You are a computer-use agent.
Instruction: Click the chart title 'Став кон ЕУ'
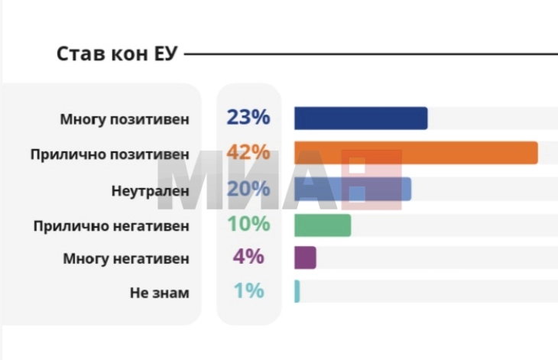(x=118, y=54)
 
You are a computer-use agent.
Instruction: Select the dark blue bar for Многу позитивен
(x=360, y=118)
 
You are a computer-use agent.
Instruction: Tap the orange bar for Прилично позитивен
(x=415, y=153)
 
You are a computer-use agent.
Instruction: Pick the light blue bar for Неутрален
(x=352, y=189)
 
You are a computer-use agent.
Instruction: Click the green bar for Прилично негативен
(x=322, y=225)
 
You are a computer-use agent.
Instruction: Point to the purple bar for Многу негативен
(x=304, y=258)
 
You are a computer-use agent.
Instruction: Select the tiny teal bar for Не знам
(x=297, y=291)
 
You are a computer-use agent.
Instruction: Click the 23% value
(x=248, y=118)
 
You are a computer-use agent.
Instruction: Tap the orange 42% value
(x=248, y=152)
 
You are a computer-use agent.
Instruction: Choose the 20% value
(x=248, y=188)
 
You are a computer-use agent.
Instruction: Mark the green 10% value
(x=248, y=224)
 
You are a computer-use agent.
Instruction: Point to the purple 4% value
(x=248, y=257)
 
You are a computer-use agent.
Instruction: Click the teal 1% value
(x=248, y=291)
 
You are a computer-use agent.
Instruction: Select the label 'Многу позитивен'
(x=124, y=120)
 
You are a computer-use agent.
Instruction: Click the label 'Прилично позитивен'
(x=109, y=154)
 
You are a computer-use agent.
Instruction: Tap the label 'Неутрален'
(x=150, y=190)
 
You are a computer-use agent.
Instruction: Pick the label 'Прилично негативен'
(x=111, y=226)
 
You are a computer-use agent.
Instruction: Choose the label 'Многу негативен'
(x=125, y=259)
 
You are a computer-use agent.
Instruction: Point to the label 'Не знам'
(x=159, y=293)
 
